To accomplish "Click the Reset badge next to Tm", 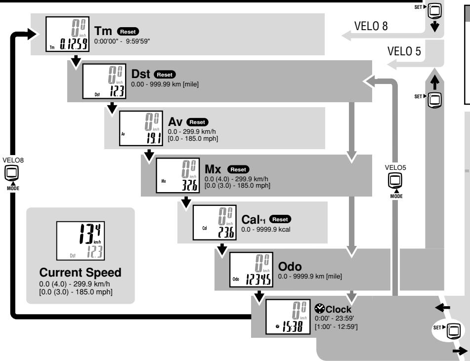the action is point(128,32).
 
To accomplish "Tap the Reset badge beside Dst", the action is point(165,74).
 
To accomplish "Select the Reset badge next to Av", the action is point(197,122).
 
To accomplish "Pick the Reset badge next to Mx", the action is point(238,169).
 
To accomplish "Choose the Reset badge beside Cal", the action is point(280,219).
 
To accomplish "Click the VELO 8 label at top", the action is point(371,26).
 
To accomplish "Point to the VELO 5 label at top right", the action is point(404,51).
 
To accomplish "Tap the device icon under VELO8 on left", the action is point(12,173).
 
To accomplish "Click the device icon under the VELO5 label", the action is point(395,181).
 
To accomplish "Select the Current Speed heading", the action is point(81,272).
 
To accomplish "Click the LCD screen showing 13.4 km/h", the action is point(81,241).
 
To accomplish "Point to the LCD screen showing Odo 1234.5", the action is point(251,270).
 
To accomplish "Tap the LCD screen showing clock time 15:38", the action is point(288,317).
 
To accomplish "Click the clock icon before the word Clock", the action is point(320,309).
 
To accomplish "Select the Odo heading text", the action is point(290,266).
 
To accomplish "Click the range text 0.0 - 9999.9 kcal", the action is point(266,230).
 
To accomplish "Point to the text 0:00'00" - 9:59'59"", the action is point(122,41).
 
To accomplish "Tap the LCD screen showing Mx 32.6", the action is point(178,175).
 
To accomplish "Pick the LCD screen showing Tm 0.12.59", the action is point(67,34).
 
